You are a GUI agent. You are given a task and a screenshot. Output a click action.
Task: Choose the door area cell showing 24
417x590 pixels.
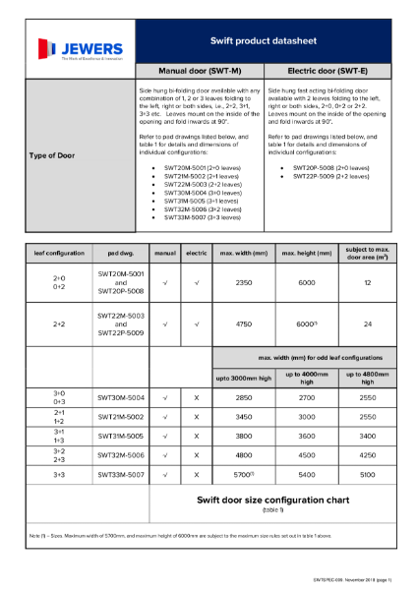coord(368,324)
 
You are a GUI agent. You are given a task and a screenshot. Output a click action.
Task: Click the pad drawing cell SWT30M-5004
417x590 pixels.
coord(121,398)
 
